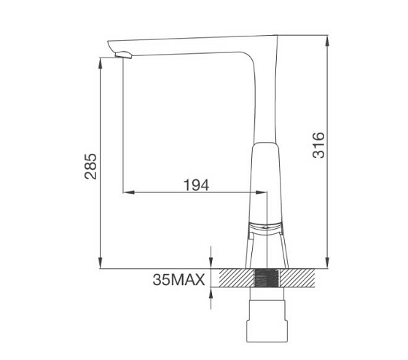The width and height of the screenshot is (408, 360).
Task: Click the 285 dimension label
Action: coord(90,166)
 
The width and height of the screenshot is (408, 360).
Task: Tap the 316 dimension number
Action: coord(319,145)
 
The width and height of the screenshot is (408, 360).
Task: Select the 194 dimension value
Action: coord(196,185)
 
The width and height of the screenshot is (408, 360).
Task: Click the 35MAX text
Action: coord(178,280)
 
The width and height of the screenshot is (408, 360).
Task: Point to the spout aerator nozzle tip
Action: coord(124,55)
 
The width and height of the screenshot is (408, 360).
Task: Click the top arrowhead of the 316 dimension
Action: coord(328,41)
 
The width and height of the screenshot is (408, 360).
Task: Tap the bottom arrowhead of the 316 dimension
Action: coord(328,262)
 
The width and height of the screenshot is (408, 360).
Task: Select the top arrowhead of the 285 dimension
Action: coord(101,63)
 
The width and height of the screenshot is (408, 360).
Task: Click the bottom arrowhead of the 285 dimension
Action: coord(101,262)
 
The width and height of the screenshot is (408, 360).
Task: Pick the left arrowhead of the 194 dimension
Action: coord(128,192)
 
